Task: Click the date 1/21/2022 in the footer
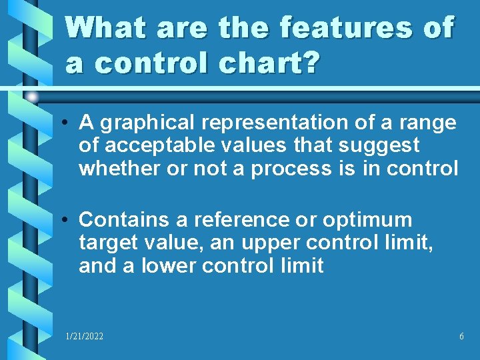point(84,337)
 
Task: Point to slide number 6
point(461,337)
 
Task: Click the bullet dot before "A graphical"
point(67,123)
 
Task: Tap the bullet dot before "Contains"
point(67,220)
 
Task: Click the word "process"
point(293,169)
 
